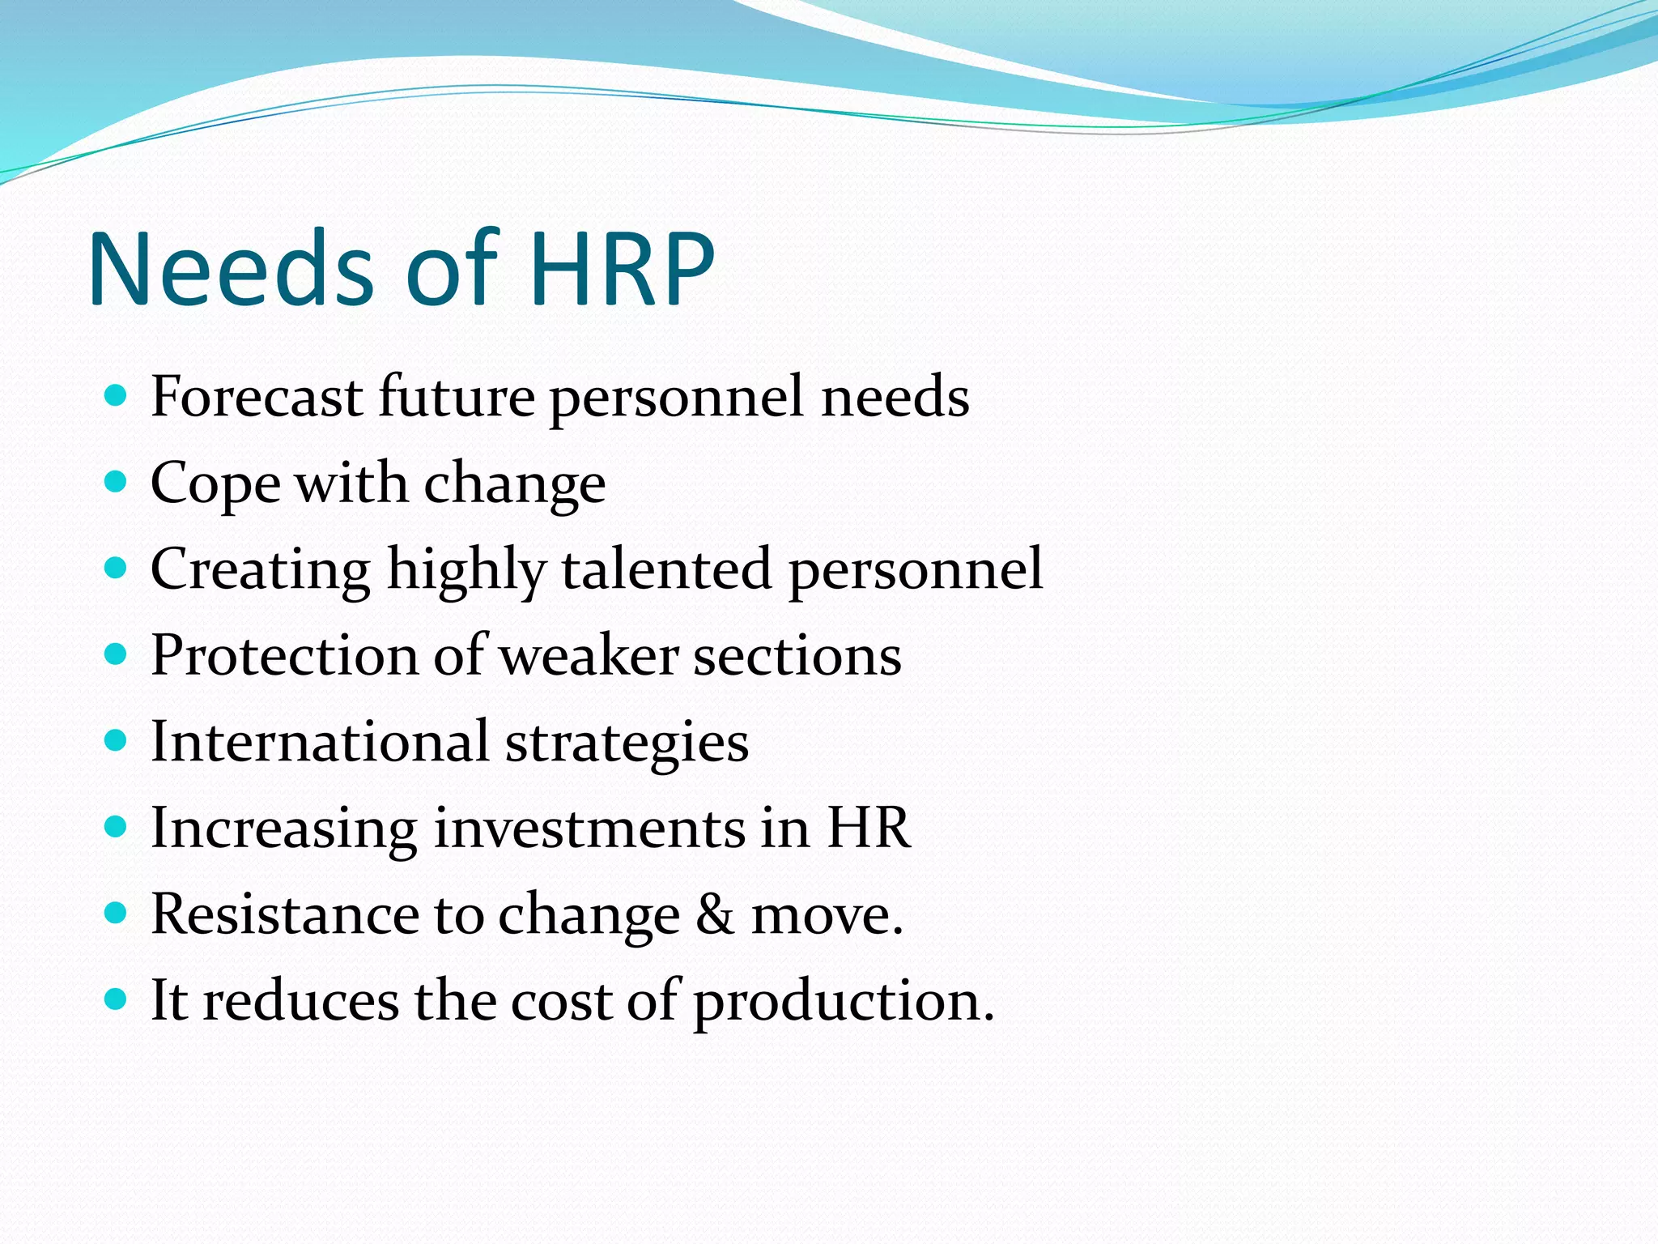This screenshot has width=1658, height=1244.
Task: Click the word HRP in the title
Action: point(623,269)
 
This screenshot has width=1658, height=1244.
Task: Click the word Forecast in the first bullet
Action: point(257,397)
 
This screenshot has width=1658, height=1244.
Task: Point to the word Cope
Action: point(215,484)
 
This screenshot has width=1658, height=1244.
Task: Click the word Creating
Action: point(261,569)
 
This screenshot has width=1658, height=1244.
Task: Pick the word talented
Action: point(667,569)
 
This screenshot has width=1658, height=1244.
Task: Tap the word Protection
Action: point(284,655)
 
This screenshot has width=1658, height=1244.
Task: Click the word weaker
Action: point(589,655)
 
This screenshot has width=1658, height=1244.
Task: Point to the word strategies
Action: point(627,743)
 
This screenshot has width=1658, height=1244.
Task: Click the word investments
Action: point(589,828)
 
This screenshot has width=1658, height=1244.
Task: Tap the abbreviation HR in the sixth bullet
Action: point(868,828)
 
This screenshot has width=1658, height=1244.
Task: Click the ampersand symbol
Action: point(715,914)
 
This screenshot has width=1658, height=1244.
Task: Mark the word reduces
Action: point(300,1001)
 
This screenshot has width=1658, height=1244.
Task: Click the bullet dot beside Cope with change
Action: point(117,482)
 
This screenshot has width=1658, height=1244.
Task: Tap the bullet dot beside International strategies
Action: point(117,740)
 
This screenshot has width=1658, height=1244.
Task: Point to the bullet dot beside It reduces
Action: point(117,999)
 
